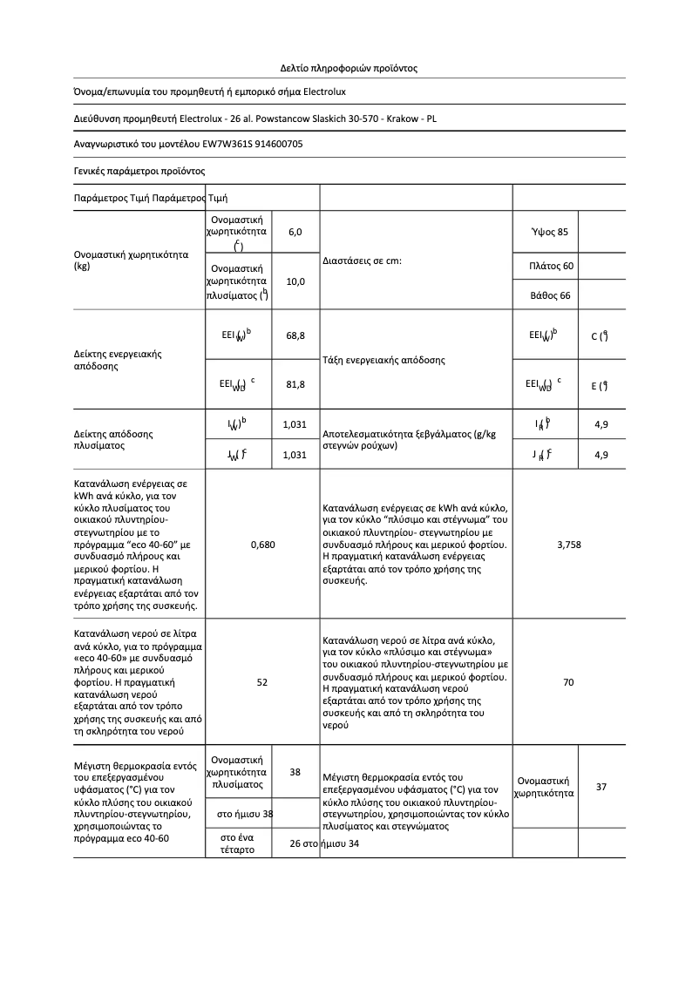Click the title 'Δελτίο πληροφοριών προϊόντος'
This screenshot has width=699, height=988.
point(349,67)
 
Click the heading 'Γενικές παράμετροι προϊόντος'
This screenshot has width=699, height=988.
point(139,171)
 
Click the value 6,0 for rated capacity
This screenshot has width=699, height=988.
point(295,232)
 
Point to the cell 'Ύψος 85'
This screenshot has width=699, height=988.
point(549,232)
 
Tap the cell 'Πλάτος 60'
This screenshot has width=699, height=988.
point(551,265)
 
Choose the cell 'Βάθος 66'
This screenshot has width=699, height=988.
point(550,295)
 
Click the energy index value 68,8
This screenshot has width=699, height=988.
point(295,335)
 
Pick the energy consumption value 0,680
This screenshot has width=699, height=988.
point(262,545)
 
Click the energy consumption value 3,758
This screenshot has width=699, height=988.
point(568,545)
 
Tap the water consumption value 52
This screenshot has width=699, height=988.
point(262,682)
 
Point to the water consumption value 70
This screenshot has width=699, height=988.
point(568,682)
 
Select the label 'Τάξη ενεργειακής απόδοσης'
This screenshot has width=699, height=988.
point(383,360)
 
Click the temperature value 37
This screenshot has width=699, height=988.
point(601,787)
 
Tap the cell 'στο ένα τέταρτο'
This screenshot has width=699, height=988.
point(239,843)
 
